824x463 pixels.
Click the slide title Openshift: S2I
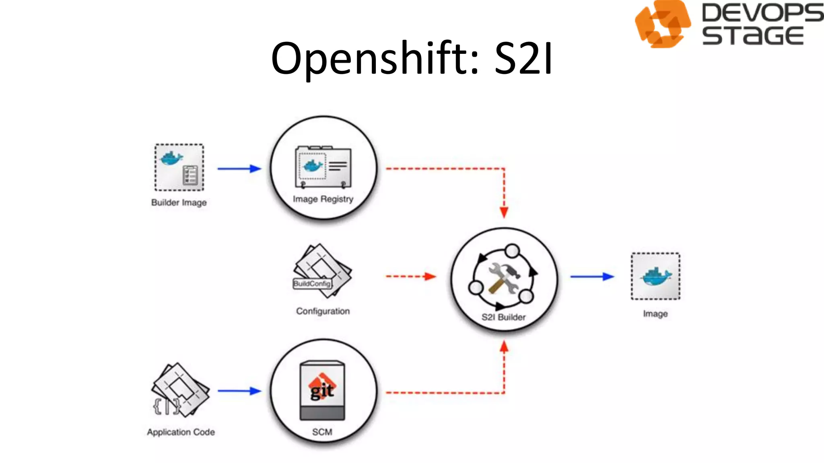(412, 59)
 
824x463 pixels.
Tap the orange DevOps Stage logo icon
(662, 24)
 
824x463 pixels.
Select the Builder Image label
(179, 203)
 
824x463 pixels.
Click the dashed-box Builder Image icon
(179, 167)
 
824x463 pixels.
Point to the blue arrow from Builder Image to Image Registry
(239, 168)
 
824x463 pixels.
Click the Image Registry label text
(323, 199)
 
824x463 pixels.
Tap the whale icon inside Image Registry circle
(313, 165)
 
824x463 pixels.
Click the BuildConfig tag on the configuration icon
(312, 284)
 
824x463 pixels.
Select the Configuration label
(323, 311)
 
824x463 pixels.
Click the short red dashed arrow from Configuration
(410, 277)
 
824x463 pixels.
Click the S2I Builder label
(504, 317)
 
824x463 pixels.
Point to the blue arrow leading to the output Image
(592, 277)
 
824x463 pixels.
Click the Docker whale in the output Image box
(656, 277)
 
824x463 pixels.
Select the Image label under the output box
(655, 313)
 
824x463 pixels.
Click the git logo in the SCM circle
(322, 388)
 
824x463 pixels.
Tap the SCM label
(322, 432)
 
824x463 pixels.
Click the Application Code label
(181, 432)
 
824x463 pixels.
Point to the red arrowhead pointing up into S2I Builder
(504, 346)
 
